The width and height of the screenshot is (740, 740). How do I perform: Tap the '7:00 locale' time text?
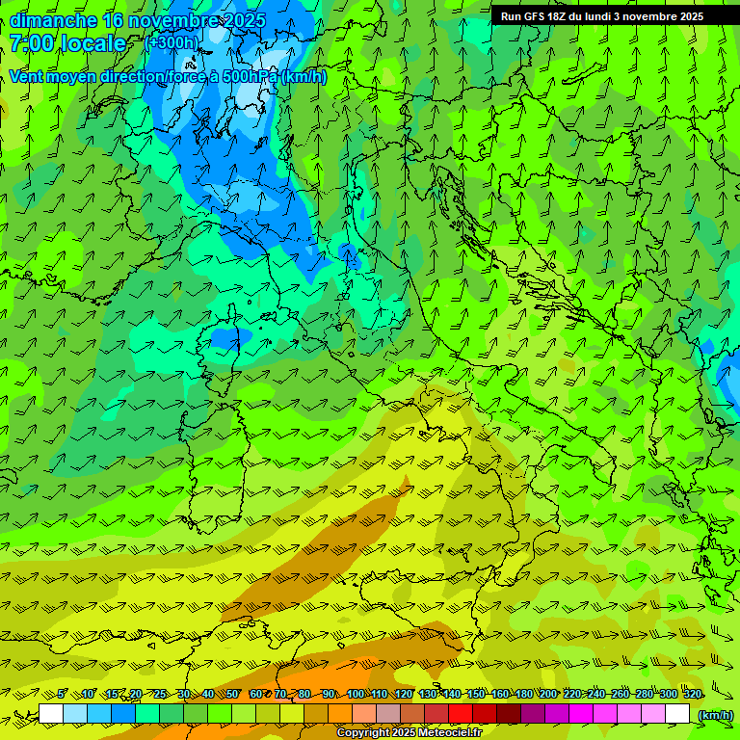[x=67, y=43]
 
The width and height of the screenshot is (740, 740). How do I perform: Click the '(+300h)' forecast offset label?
[x=171, y=42]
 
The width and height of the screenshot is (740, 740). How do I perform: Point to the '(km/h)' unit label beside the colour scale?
[x=716, y=714]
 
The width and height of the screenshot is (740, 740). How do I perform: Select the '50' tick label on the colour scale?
[x=232, y=694]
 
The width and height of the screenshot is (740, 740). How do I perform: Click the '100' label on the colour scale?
[x=356, y=694]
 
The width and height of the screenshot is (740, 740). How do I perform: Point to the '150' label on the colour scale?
[x=476, y=694]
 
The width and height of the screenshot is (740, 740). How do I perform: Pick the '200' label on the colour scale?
[x=547, y=694]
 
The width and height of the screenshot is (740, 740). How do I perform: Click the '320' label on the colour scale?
[x=692, y=694]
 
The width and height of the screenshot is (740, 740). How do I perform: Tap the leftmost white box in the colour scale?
[x=51, y=714]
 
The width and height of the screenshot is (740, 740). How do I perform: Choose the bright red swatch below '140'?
[x=461, y=714]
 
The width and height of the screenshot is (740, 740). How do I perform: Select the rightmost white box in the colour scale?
[x=677, y=714]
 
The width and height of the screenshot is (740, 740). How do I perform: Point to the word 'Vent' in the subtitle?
[x=27, y=76]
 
